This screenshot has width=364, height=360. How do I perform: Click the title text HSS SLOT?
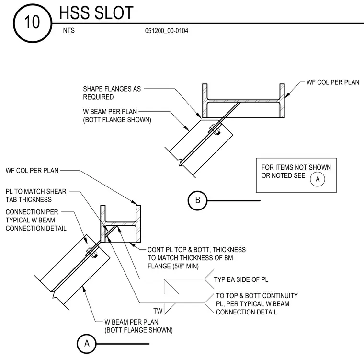pos(96,13)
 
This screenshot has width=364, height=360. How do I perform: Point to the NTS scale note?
pos(68,31)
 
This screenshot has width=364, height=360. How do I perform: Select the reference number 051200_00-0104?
pos(167,31)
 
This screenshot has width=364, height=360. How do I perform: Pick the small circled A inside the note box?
pos(318,179)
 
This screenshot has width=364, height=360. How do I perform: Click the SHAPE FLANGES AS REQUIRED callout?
pos(112,93)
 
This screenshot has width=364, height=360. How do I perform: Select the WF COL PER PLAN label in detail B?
pos(333,82)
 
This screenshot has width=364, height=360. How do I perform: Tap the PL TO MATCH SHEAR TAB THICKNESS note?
pos(36,196)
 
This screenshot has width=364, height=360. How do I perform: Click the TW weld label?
pos(158,311)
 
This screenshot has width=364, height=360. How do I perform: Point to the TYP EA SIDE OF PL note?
pos(241,279)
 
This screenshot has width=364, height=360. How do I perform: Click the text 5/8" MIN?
pos(185,266)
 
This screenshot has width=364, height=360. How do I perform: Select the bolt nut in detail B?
pos(215,130)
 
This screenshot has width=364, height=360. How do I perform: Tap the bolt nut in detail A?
pos(92,253)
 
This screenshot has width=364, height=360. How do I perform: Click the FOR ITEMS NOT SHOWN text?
pos(296,167)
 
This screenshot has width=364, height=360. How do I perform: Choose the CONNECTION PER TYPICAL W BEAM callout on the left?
pos(36,220)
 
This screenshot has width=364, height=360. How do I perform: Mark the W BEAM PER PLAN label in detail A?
pos(131,322)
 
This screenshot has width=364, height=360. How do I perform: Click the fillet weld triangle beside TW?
pos(169,309)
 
